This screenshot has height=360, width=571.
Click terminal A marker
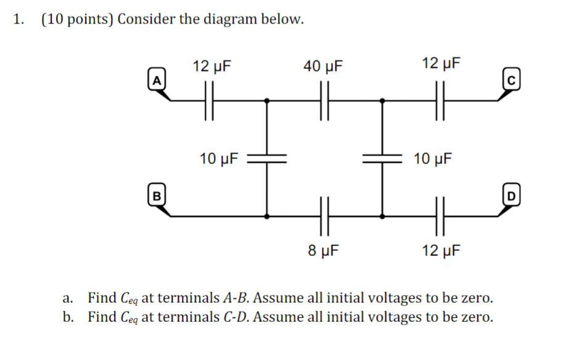158,80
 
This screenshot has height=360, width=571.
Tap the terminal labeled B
157,197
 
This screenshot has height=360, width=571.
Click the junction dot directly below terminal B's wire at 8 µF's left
266,216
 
